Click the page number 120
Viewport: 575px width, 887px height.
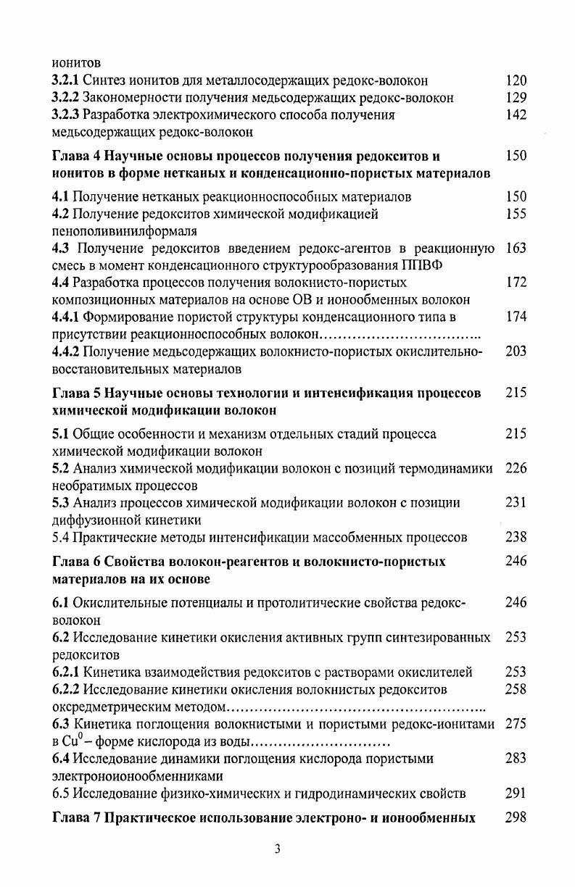coord(516,81)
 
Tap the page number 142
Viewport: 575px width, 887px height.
coord(516,114)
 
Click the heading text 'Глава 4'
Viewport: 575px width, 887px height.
coord(76,156)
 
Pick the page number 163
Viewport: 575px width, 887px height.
coord(516,249)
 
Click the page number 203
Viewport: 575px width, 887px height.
coord(516,351)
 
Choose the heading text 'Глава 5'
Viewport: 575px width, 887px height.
coord(76,393)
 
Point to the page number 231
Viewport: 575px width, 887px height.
coord(516,503)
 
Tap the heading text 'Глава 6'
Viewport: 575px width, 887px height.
coord(76,562)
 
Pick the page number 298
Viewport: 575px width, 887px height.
coord(516,818)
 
